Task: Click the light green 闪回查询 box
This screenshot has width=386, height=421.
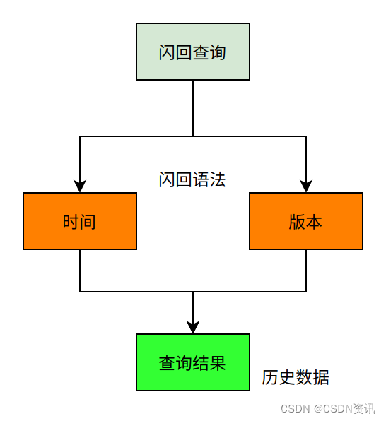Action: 192,52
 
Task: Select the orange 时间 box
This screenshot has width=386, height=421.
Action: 79,221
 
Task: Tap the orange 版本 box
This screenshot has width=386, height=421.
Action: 305,221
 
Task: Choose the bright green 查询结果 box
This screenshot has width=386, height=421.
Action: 192,362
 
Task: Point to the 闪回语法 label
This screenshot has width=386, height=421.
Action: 192,179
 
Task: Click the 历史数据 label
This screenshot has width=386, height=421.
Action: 295,377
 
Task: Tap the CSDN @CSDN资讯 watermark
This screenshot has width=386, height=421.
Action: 327,408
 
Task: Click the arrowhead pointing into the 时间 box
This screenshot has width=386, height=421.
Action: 80,186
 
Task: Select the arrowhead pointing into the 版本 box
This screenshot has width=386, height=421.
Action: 306,186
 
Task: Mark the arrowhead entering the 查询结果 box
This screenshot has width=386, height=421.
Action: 193,327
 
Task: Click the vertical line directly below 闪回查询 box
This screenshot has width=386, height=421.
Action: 193,106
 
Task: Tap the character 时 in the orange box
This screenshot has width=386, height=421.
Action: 71,222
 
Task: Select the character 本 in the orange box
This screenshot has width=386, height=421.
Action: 314,222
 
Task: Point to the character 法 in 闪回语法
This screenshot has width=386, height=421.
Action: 218,179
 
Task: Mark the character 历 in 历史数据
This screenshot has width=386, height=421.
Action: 269,377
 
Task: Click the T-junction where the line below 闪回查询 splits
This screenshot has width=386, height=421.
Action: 193,136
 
